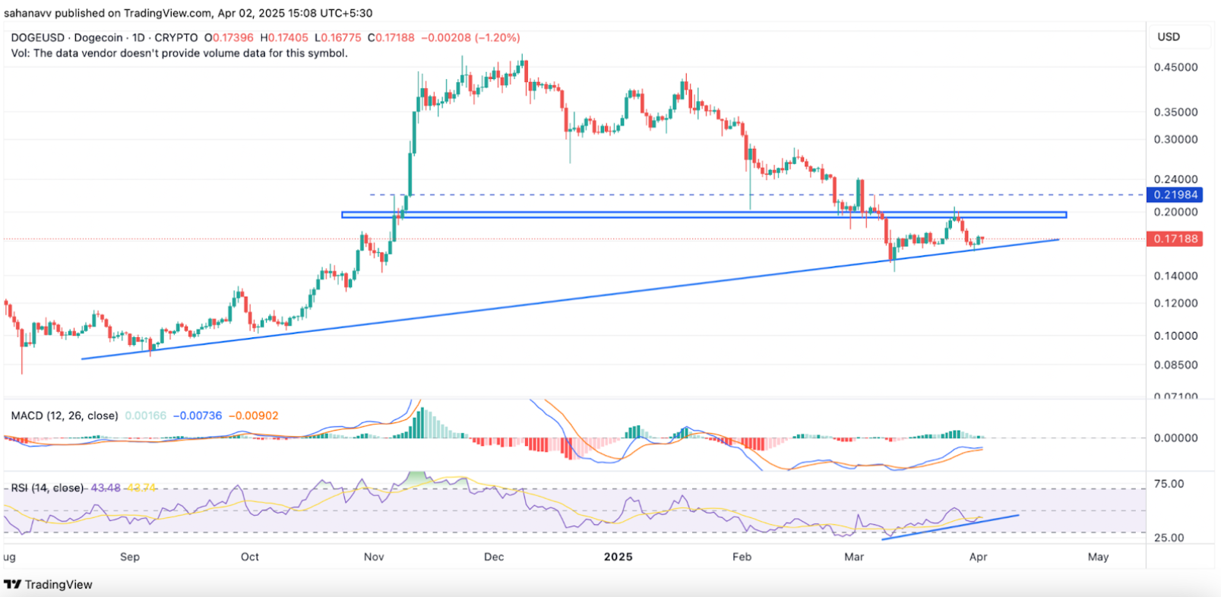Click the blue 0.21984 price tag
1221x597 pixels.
[1175, 194]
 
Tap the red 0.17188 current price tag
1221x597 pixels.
[1175, 238]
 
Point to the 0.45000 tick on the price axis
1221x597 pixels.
[1175, 67]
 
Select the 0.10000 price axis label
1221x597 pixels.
[1175, 336]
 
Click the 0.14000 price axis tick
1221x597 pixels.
[1175, 276]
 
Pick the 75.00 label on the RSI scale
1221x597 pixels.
[1169, 484]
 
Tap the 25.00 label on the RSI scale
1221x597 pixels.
[1169, 538]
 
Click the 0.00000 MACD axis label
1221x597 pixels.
[1175, 437]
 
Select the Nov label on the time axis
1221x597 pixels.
[374, 557]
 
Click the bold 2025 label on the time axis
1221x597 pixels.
[618, 557]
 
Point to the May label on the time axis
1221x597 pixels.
[1098, 557]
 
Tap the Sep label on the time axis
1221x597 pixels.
[130, 557]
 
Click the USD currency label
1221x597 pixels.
[1169, 36]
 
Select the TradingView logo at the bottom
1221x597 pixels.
[49, 584]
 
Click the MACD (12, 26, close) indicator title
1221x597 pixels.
[65, 415]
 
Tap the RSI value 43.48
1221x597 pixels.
[106, 488]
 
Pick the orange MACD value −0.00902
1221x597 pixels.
[254, 415]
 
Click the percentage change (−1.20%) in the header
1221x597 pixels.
[498, 37]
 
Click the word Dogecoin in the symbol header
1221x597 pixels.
[98, 37]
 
